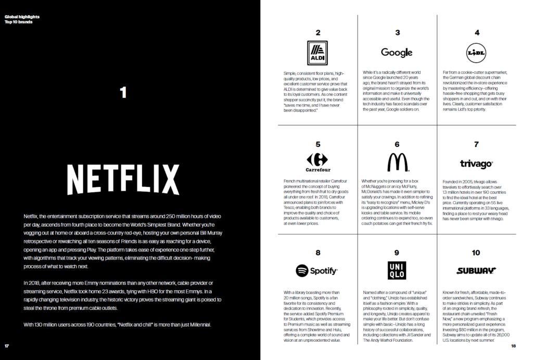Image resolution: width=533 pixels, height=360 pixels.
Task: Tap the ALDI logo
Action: (x=318, y=53)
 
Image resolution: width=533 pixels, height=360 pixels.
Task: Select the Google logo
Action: (x=397, y=52)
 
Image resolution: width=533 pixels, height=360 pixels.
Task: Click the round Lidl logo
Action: (x=476, y=53)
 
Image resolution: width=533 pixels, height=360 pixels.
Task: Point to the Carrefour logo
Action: (x=318, y=163)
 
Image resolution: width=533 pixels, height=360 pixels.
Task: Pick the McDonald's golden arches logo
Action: (x=398, y=163)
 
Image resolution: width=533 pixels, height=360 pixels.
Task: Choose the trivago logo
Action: (x=476, y=165)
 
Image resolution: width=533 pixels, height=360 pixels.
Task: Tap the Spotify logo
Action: (x=317, y=271)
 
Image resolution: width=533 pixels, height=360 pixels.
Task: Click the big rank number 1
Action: (x=123, y=93)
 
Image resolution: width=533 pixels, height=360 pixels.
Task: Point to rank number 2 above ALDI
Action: (x=318, y=32)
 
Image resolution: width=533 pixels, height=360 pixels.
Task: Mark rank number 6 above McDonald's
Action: (x=397, y=144)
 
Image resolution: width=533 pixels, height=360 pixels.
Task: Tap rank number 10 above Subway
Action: (x=476, y=253)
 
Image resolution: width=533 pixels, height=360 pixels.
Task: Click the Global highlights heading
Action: (x=22, y=17)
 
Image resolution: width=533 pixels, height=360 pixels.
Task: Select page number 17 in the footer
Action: (x=7, y=346)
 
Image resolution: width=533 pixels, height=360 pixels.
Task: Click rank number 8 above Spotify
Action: (x=318, y=253)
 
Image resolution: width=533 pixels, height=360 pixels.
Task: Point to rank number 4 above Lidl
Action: (x=476, y=32)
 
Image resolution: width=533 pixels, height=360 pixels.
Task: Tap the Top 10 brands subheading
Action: (x=18, y=22)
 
